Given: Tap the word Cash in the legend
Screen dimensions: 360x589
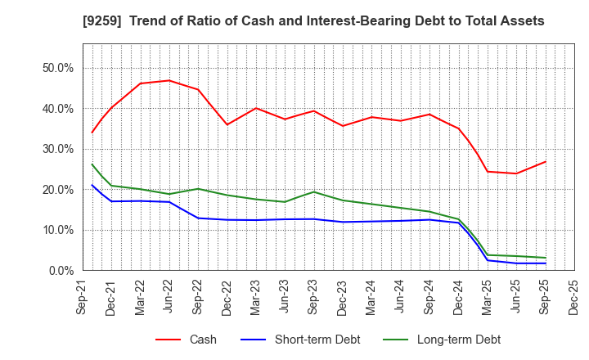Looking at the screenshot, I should [x=202, y=340].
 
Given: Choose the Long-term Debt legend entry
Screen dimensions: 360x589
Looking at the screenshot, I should [x=458, y=340].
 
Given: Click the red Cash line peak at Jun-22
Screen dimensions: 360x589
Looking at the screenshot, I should [x=169, y=80].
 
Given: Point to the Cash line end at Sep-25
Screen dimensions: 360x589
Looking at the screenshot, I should [x=546, y=161].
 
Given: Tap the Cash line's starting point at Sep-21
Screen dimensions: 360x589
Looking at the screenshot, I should [x=92, y=133].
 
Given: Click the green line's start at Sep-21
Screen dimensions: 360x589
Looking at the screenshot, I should [x=92, y=164].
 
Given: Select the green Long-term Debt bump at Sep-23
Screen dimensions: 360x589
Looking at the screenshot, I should [x=313, y=191].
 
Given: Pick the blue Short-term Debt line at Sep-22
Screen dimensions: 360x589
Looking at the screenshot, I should [x=198, y=218].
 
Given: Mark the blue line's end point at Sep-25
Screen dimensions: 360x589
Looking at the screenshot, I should [x=546, y=263].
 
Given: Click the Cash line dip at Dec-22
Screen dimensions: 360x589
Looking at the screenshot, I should [x=227, y=124].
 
